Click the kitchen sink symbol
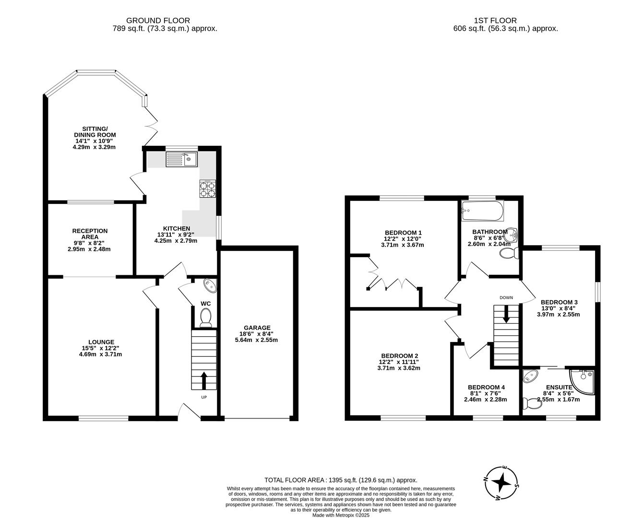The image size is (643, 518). pos(181,159)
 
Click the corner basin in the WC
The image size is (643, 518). pos(210,284)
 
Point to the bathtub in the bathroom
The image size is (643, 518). pos(482,211)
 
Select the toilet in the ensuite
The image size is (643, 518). pos(532,404)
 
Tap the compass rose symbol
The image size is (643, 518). pos(501,482)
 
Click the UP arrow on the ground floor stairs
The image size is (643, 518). pos(203,380)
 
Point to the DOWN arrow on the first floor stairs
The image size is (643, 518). pos(506,314)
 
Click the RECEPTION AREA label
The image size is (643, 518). pos(90,234)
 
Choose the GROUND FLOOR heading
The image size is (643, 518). pos(158,21)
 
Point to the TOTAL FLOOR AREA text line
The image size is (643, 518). pos(341,480)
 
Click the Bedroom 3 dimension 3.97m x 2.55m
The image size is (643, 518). pos(558,315)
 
